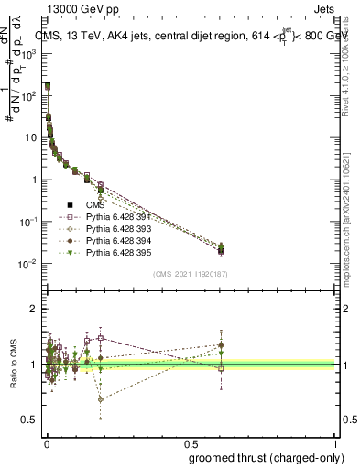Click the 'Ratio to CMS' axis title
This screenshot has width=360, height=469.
click(x=13, y=365)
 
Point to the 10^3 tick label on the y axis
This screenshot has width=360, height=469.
click(x=29, y=54)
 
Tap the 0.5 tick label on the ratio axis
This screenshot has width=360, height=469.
click(x=31, y=420)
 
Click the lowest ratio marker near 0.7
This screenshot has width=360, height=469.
click(x=101, y=399)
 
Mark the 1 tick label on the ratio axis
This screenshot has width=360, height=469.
click(x=34, y=365)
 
